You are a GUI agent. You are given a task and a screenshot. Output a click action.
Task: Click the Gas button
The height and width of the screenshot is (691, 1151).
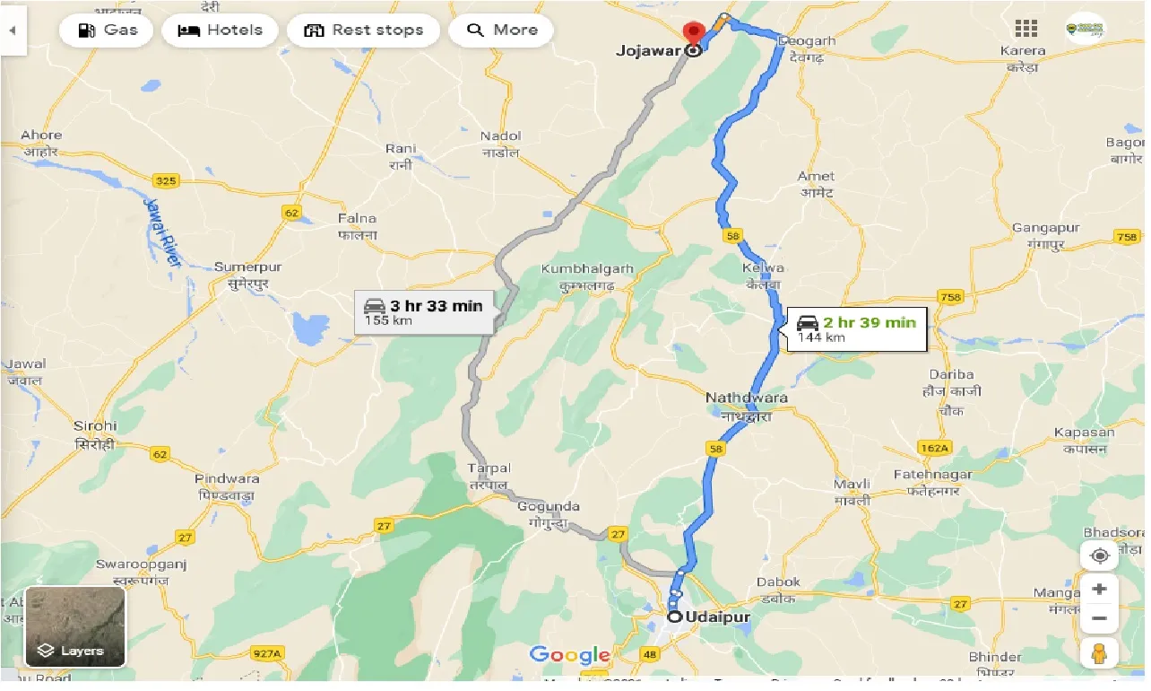pyautogui.click(x=108, y=31)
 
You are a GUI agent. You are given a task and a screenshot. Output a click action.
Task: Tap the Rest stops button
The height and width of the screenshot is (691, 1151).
pyautogui.click(x=363, y=31)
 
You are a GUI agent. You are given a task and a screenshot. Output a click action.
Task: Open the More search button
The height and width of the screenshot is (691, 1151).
pyautogui.click(x=501, y=31)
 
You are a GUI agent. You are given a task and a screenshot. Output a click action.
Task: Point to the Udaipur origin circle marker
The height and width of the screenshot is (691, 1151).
pyautogui.click(x=674, y=617)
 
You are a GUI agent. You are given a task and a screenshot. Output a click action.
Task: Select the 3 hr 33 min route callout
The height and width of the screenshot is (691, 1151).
pyautogui.click(x=424, y=312)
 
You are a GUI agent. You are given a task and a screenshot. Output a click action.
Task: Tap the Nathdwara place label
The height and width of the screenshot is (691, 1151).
pyautogui.click(x=746, y=398)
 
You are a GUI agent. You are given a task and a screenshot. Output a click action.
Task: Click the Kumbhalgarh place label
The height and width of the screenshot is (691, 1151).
pyautogui.click(x=587, y=268)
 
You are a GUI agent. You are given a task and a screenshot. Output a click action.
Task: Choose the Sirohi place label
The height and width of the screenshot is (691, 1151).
pyautogui.click(x=95, y=425)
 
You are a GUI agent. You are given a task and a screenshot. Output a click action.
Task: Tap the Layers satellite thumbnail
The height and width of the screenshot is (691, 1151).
pyautogui.click(x=75, y=626)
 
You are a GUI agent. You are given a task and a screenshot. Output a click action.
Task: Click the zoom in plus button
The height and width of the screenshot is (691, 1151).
pyautogui.click(x=1100, y=590)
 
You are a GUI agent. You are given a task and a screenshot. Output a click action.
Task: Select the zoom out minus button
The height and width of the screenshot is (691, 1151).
pyautogui.click(x=1100, y=618)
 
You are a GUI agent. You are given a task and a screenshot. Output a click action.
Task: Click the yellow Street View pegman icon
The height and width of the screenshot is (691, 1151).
pyautogui.click(x=1100, y=653)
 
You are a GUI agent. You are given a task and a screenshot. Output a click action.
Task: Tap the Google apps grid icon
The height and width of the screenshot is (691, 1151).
pyautogui.click(x=1026, y=29)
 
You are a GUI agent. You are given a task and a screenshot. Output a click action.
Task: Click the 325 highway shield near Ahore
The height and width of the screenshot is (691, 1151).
pyautogui.click(x=167, y=181)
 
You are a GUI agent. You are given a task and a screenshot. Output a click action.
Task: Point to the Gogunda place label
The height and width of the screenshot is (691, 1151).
pyautogui.click(x=549, y=507)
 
